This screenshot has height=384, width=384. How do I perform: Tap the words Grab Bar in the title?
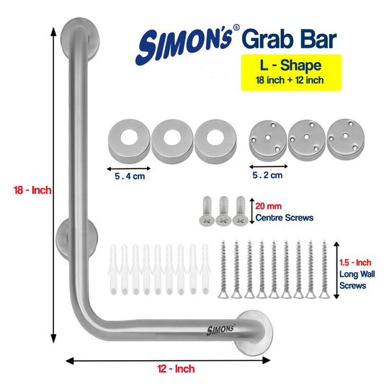(290, 39)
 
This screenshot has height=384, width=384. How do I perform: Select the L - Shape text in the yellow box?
(290, 65)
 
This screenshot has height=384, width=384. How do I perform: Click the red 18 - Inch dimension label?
(32, 190)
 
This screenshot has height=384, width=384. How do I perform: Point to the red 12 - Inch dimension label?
(176, 369)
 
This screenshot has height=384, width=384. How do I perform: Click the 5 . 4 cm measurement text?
(130, 176)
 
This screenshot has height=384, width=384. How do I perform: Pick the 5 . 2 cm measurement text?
(267, 175)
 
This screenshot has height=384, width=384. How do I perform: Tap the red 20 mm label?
(269, 206)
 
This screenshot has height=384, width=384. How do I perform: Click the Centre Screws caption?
(285, 218)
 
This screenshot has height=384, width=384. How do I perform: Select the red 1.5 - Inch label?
(355, 262)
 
